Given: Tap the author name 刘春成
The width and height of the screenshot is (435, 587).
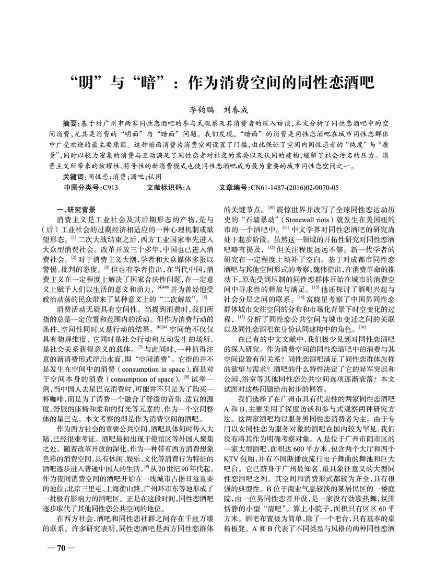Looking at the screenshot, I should (x=235, y=110).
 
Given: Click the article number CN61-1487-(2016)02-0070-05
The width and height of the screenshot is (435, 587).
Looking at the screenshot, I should (x=294, y=187).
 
